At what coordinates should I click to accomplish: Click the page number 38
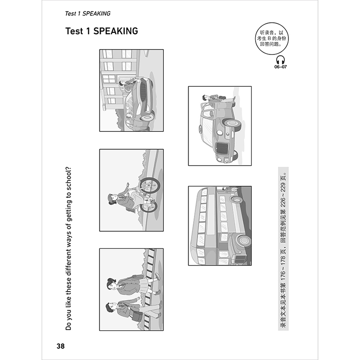(60, 346)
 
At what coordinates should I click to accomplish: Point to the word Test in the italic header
(72, 13)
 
